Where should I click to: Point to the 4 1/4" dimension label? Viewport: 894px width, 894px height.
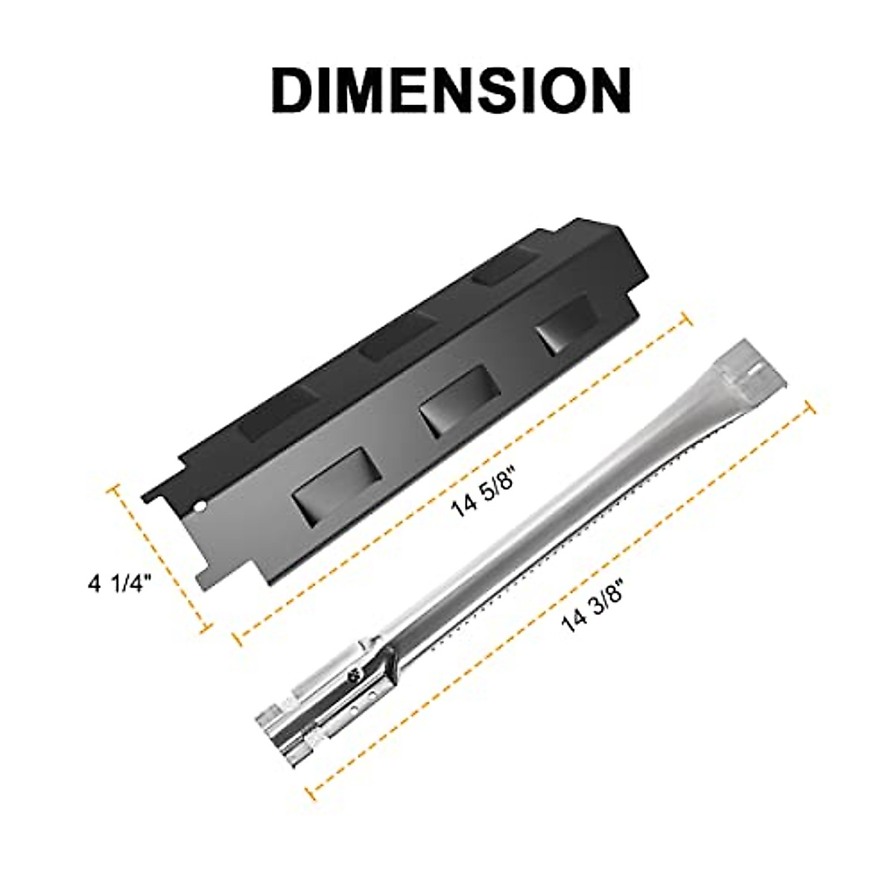coord(120,583)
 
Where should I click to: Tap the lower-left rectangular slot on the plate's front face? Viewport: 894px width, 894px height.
coord(326,496)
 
